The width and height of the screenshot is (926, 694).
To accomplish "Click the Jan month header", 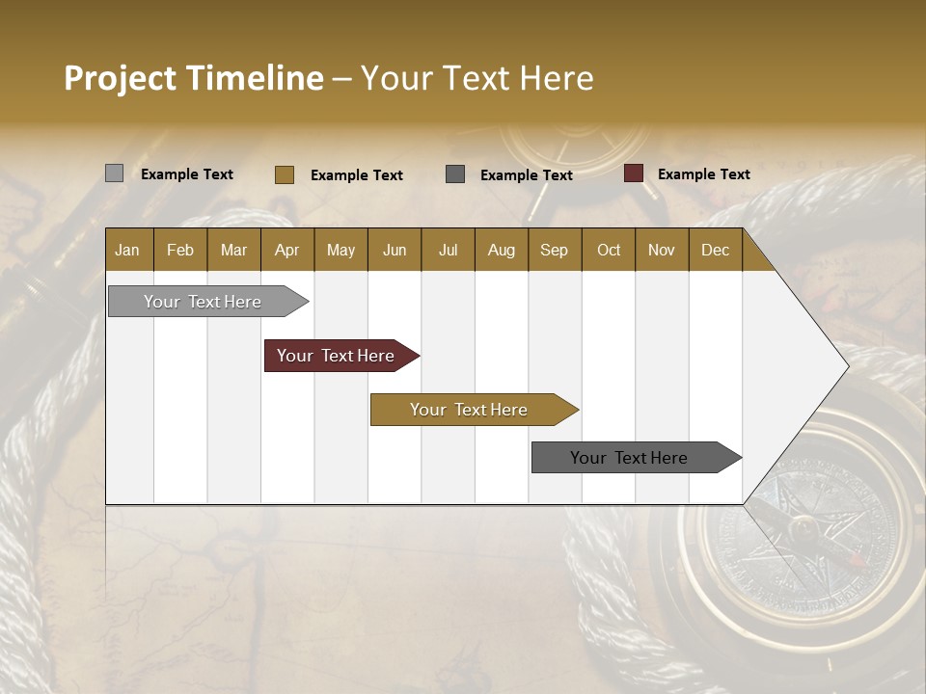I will coord(128,250).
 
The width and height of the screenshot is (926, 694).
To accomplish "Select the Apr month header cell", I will coord(286,250).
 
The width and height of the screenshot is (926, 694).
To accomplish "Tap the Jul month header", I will coord(448,250).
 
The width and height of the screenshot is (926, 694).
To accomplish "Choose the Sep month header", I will coord(554,250).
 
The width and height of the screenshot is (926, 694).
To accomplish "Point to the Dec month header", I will coord(715,250).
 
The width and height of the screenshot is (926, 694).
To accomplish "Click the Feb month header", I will coord(180,250).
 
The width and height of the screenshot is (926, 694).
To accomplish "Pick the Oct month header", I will coord(609,250).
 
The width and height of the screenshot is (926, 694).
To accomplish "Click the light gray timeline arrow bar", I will coord(204,302).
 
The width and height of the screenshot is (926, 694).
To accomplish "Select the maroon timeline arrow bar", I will coord(337,356).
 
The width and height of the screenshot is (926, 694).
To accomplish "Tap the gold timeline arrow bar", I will coord(470,410).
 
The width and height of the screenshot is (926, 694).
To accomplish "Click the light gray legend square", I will coord(114,173).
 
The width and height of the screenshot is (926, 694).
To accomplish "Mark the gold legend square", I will coord(284,174).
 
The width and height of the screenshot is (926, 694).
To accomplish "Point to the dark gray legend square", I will coord(455,173).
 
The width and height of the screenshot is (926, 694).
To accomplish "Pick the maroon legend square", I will coord(633,173).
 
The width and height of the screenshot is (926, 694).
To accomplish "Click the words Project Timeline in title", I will coord(193,78).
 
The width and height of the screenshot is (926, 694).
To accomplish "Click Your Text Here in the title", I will coord(477,78).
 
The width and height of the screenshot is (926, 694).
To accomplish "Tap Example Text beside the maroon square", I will coord(703,173).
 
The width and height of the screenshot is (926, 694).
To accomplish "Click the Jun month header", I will coord(395,250).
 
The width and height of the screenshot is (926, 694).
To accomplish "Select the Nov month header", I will coord(662,250).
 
